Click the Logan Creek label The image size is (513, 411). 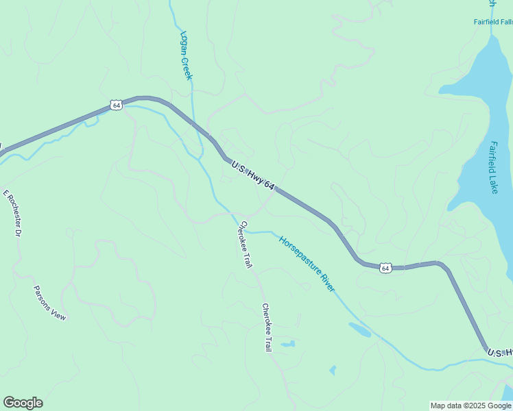point(186,55)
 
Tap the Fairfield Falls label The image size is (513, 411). point(493,22)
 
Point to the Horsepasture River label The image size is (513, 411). point(307,264)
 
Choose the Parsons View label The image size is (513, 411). point(50,303)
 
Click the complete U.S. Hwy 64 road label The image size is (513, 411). point(253,176)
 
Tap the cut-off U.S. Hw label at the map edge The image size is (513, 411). point(499,353)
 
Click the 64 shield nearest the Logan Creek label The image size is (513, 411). point(115,105)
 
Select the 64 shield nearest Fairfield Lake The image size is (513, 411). point(385,268)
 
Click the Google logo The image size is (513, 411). point(23,403)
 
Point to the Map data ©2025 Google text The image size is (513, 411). point(471,406)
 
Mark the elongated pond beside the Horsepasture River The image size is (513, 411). point(359,329)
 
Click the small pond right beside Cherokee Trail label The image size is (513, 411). point(287,343)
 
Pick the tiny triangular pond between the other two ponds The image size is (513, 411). point(333,371)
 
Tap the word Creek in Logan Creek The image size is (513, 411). point(187,68)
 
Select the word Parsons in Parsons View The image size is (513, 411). point(43,296)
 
